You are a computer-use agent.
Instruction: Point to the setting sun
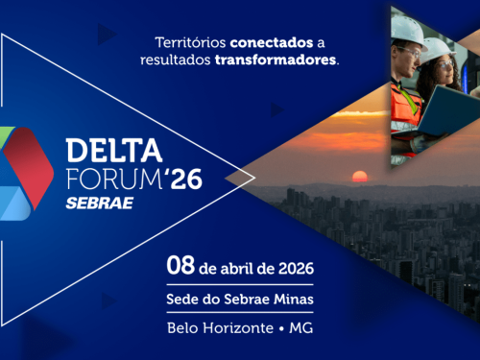(361, 176)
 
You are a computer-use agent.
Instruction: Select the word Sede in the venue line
(182, 299)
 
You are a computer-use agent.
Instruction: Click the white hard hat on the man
(410, 29)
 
